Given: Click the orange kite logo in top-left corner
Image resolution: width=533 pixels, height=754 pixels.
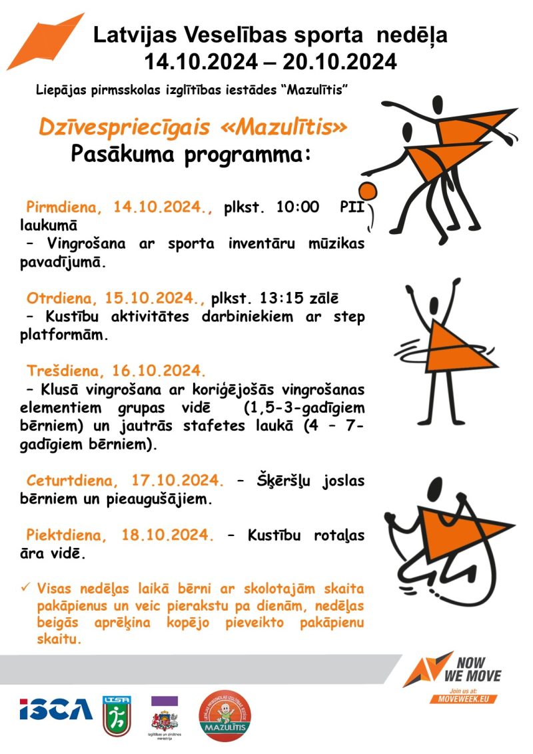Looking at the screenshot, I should point(45,41).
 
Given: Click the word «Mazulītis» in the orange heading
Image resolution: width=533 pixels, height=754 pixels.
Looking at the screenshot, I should point(284,127).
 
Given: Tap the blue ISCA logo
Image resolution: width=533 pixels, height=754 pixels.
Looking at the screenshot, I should point(56,709).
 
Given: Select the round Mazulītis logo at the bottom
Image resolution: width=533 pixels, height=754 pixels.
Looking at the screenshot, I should point(225,715).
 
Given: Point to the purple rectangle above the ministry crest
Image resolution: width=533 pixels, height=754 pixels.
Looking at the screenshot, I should point(165,701).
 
